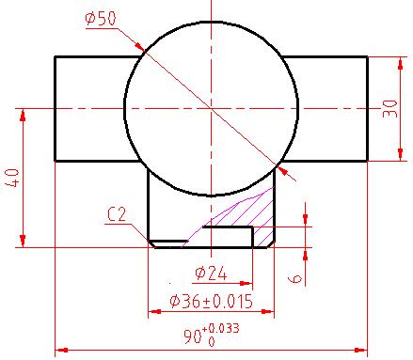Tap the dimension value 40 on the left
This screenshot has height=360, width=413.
[x=12, y=179]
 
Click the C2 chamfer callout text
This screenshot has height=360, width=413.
[x=117, y=215]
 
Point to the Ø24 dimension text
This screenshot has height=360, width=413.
[x=213, y=274]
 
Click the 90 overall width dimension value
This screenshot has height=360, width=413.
[x=194, y=337]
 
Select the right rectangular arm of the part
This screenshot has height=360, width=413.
[x=325, y=108]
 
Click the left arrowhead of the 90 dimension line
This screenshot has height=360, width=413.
[x=60, y=350]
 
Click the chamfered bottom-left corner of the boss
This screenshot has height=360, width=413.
[x=151, y=243]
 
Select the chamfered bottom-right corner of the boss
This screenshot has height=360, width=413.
[x=270, y=243]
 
